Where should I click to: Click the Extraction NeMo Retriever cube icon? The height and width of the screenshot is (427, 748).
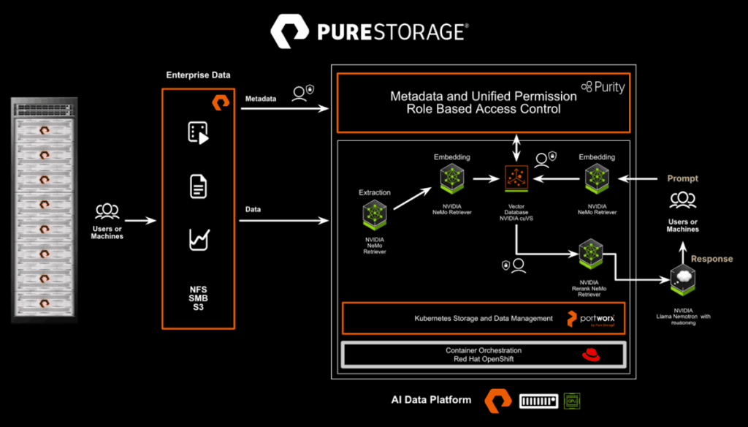pos(374,216)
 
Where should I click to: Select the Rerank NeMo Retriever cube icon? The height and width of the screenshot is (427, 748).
pos(589,254)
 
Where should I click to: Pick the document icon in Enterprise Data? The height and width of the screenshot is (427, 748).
pos(197,186)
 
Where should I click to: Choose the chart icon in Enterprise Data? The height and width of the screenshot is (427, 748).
pos(199,240)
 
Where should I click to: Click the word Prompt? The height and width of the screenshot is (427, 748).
pos(682,178)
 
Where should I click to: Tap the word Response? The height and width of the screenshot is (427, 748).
pos(711,259)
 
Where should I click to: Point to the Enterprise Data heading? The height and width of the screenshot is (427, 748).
pos(197,75)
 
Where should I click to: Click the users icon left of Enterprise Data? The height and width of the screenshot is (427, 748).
pos(107,211)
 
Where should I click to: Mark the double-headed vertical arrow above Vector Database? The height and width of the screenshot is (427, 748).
pos(516,146)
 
